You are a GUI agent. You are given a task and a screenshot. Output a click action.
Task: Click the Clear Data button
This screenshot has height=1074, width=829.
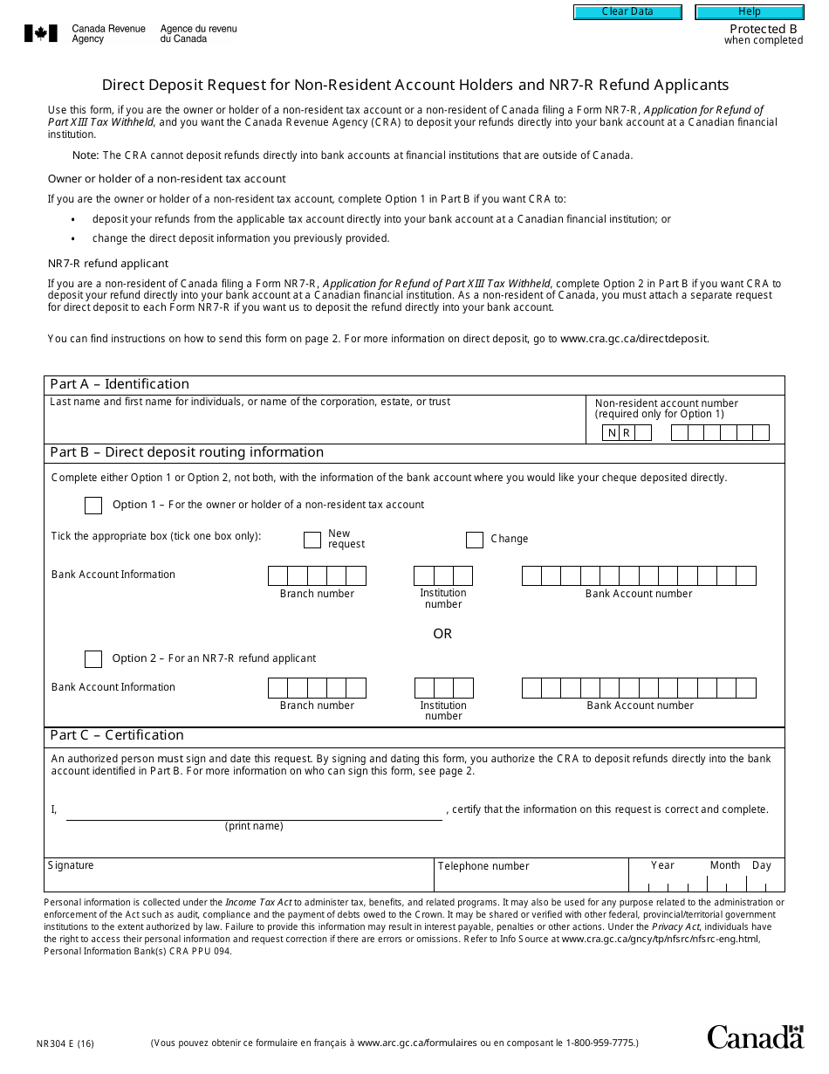click(x=627, y=12)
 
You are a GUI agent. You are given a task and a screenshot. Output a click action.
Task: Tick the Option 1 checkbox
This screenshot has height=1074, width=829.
click(x=93, y=506)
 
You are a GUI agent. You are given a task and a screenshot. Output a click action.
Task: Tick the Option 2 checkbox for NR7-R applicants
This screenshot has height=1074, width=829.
click(x=93, y=659)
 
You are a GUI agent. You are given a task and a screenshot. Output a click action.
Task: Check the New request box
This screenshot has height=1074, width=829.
click(x=312, y=540)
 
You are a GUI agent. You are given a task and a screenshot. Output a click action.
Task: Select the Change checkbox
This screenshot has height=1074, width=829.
click(x=475, y=540)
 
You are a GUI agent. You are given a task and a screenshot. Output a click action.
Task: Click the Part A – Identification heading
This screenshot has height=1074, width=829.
click(x=120, y=384)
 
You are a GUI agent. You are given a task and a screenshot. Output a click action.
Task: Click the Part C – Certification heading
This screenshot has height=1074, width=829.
click(x=117, y=735)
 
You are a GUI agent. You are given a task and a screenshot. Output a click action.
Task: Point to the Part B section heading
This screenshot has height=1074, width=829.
click(x=187, y=452)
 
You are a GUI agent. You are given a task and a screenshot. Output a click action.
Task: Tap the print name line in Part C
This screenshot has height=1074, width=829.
click(x=254, y=811)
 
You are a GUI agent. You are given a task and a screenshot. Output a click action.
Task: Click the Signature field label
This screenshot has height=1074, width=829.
click(x=71, y=865)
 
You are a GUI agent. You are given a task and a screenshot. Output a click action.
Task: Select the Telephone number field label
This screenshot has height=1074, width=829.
click(x=483, y=866)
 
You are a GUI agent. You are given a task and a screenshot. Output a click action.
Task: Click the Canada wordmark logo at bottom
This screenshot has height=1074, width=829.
click(x=755, y=1036)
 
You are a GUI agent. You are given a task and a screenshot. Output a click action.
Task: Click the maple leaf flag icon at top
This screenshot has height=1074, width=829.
click(x=41, y=34)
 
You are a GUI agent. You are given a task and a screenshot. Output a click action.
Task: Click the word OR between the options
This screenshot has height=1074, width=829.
click(x=442, y=634)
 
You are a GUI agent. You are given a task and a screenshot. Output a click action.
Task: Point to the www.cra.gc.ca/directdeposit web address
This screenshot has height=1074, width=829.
click(x=634, y=339)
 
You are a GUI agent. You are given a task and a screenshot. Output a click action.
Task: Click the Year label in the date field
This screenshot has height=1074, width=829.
click(x=662, y=865)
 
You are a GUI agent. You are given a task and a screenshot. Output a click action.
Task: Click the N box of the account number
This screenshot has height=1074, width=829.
click(x=612, y=433)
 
